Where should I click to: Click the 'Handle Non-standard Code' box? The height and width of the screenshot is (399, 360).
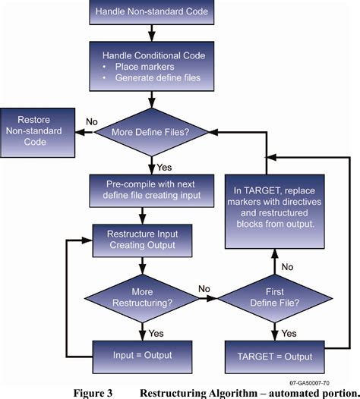coord(153,11)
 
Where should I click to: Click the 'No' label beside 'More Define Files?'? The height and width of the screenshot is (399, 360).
coord(91,121)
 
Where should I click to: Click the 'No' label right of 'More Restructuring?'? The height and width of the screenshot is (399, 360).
coord(204,288)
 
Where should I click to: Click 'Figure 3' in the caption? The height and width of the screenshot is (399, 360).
coord(93,392)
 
